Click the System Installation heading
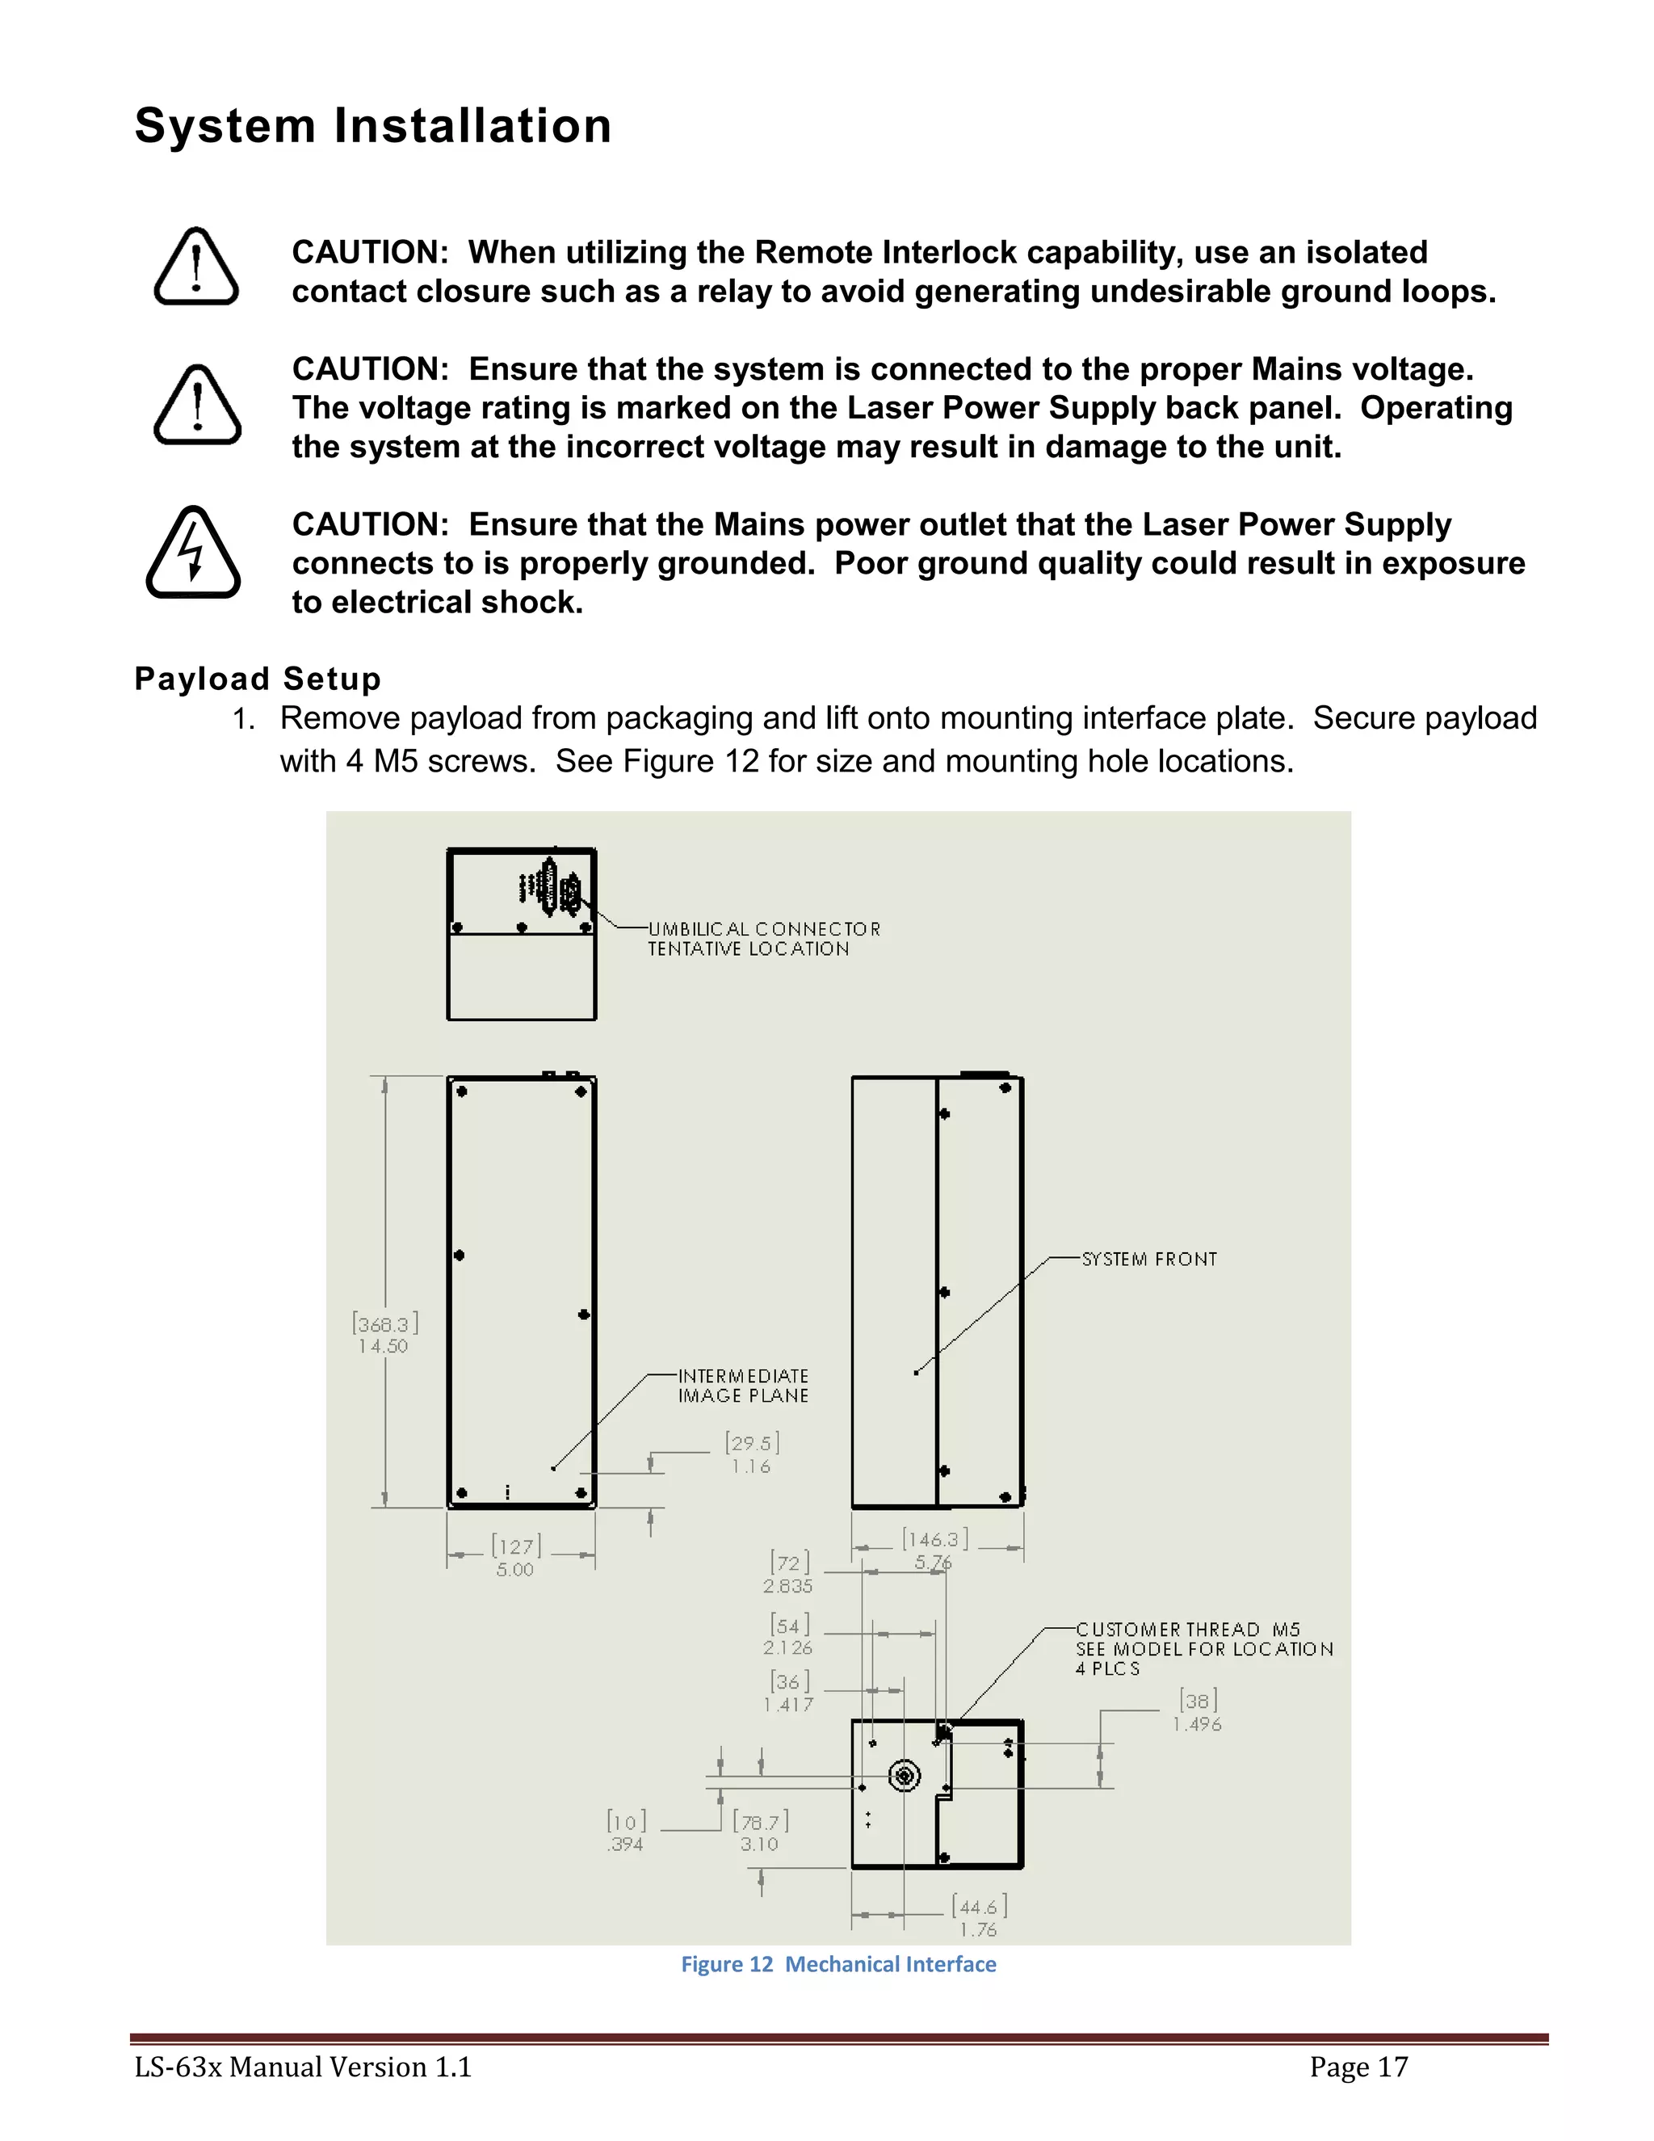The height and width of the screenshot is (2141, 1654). [373, 127]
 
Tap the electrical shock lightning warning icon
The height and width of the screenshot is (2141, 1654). [193, 552]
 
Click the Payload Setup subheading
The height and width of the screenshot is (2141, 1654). [258, 679]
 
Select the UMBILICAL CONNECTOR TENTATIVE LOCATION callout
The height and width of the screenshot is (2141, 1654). [763, 938]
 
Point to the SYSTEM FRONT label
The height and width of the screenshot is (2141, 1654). [1148, 1260]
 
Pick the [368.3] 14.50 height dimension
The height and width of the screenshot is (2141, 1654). [384, 1334]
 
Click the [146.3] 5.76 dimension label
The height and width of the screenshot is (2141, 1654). [934, 1549]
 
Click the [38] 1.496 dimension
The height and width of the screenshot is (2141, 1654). [1198, 1712]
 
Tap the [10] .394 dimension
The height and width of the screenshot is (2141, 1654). [626, 1832]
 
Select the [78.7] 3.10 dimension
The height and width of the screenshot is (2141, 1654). [759, 1832]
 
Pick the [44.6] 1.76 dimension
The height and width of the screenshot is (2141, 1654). [978, 1917]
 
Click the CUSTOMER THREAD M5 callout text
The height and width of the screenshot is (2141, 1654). [1203, 1649]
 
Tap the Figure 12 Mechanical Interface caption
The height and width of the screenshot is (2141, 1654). [837, 1963]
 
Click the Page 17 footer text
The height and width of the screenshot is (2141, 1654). [1358, 2067]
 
